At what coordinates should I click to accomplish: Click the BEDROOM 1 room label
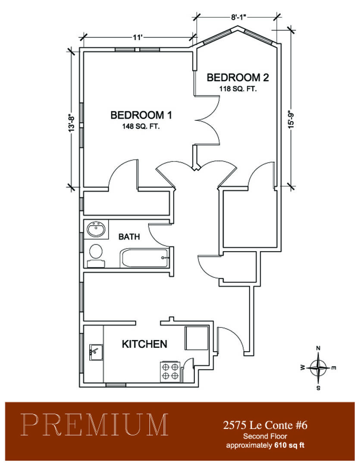141,115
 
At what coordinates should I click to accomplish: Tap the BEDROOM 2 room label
238,78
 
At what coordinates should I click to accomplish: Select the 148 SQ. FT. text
141,126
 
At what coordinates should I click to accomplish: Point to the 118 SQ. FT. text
238,89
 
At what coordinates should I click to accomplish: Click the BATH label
129,236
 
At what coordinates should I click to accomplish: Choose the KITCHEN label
145,344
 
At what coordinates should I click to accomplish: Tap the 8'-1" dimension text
239,17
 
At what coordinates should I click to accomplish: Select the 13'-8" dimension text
72,123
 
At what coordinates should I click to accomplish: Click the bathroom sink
96,230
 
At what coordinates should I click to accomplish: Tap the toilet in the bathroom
96,255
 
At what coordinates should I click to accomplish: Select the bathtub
144,258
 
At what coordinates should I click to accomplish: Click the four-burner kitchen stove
171,371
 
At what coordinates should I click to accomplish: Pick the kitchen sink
96,352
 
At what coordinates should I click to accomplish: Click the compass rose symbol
318,368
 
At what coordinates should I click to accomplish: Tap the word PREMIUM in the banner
94,425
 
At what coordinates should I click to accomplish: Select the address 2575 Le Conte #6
265,425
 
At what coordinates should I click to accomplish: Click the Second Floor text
265,436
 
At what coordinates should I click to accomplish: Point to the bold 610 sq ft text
290,445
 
